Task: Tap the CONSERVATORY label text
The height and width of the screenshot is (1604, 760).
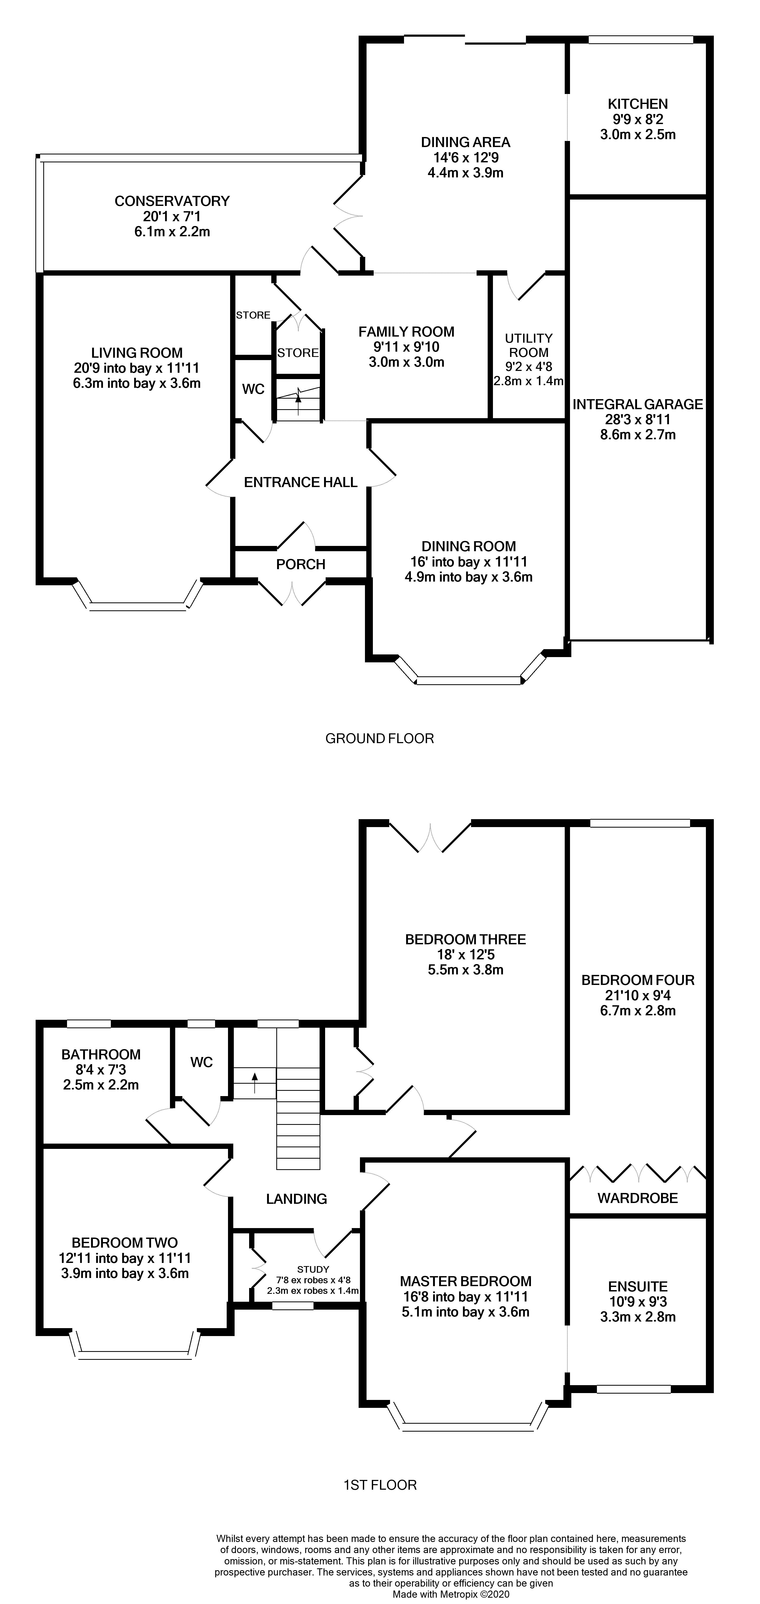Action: click(172, 201)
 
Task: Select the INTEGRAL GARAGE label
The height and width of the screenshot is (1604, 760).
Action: click(637, 404)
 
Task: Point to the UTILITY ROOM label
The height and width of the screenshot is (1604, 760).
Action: click(529, 345)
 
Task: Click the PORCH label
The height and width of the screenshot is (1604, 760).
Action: click(301, 564)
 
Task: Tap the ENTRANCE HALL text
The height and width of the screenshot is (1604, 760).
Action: click(301, 482)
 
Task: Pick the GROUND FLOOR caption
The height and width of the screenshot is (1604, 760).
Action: click(380, 738)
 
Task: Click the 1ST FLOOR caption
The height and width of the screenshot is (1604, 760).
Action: click(380, 1485)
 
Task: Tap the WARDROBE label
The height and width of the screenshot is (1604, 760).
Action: click(637, 1198)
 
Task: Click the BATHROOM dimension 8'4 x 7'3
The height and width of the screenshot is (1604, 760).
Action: click(101, 1070)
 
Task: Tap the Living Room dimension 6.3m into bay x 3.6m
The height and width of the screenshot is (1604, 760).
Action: click(137, 383)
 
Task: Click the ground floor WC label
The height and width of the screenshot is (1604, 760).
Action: click(253, 389)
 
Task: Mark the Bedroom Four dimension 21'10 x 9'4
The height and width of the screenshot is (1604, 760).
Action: click(637, 995)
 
